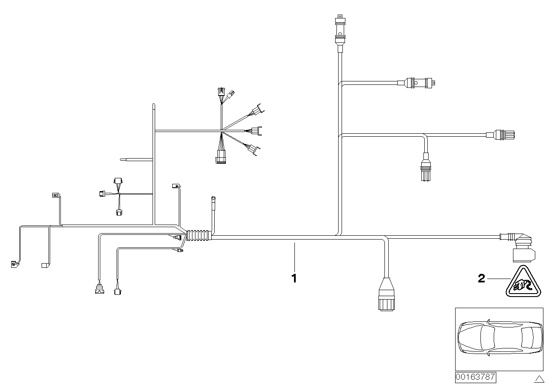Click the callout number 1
(294, 278)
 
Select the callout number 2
(481, 279)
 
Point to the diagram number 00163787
(475, 378)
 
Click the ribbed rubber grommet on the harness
(198, 235)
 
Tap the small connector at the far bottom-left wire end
(14, 264)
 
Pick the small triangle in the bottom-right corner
(539, 378)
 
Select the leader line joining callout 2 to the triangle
(498, 279)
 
